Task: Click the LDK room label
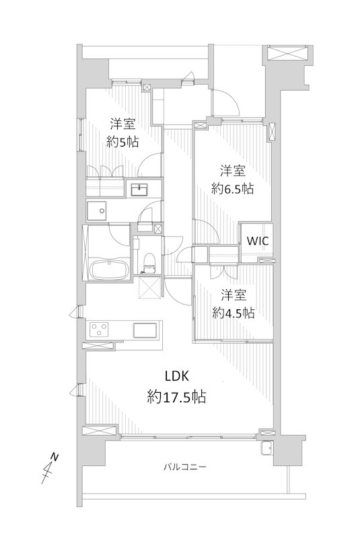click(177, 376)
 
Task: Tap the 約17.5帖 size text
click(176, 397)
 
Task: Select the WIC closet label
click(258, 241)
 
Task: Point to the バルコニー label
click(184, 467)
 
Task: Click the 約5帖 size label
click(122, 141)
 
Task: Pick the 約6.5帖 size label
click(232, 188)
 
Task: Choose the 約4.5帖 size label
click(233, 313)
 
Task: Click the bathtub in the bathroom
click(110, 268)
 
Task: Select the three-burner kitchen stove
click(99, 330)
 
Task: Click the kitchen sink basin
click(145, 330)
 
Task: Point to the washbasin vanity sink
click(139, 189)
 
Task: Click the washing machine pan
click(97, 211)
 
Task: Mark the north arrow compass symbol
click(50, 469)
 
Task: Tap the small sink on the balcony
click(266, 448)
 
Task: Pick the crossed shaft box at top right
click(287, 53)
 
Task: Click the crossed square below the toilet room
click(149, 288)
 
